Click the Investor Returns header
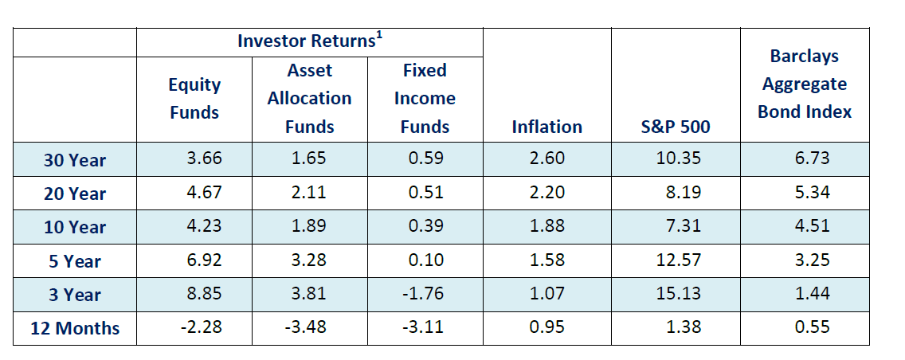(x=307, y=41)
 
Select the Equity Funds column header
(x=194, y=99)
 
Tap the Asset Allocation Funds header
(x=309, y=99)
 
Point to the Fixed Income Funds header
(x=425, y=99)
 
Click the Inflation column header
(x=547, y=127)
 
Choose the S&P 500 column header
(x=676, y=127)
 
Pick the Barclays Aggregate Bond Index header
(x=805, y=84)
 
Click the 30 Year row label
(x=75, y=160)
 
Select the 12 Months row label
(x=75, y=328)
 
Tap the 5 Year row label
(x=75, y=261)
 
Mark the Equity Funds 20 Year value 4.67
(x=204, y=192)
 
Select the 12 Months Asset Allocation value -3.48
(x=308, y=327)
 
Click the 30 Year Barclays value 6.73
(x=813, y=158)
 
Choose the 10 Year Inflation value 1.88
(x=547, y=225)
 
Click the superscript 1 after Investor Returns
(x=377, y=36)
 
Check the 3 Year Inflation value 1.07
(x=547, y=293)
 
